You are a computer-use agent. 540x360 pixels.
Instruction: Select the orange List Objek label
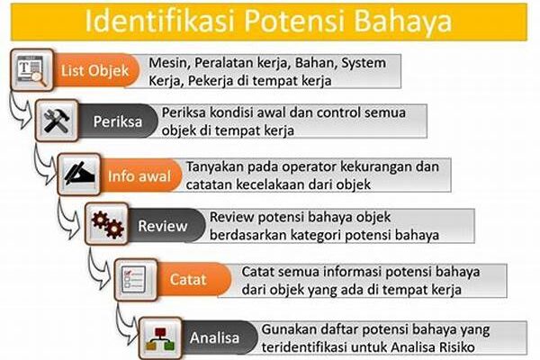pos(95,70)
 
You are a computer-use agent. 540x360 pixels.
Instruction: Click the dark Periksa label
pos(117,121)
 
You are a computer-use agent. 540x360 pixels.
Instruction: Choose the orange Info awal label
pos(139,176)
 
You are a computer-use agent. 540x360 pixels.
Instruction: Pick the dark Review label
pos(163,226)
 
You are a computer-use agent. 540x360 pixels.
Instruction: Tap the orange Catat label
pos(188,279)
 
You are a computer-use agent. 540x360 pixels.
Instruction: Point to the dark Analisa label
pos(214,337)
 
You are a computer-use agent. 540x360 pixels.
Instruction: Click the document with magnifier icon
pos(32,70)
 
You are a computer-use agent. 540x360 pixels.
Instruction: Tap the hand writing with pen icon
pos(79,175)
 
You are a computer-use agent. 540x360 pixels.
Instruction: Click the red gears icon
pos(107,224)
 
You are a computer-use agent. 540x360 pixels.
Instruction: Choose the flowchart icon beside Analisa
pos(160,338)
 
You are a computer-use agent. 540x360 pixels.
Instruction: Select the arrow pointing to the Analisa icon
pos(127,325)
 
